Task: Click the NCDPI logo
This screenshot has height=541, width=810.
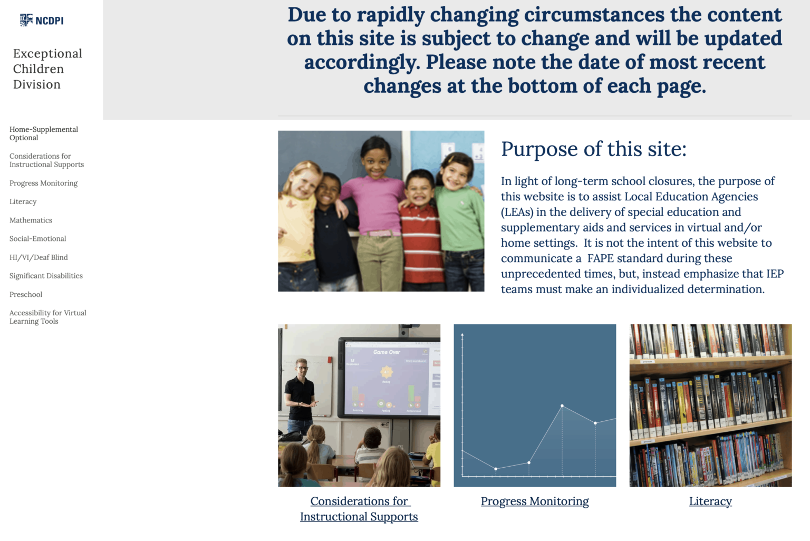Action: pos(42,21)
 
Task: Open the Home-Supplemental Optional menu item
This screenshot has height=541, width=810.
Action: pos(43,133)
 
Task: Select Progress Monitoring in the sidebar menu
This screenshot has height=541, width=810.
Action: pos(43,183)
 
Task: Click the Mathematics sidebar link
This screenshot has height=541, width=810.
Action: pos(31,220)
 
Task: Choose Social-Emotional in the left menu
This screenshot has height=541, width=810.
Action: pos(37,239)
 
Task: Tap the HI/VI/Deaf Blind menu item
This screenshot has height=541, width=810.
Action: pos(38,257)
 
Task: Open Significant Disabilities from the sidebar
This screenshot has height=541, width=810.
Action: pos(46,276)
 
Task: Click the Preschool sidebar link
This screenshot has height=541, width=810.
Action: pos(26,294)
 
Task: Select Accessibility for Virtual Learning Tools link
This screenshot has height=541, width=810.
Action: pos(47,317)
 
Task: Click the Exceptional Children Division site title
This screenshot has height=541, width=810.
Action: pos(47,69)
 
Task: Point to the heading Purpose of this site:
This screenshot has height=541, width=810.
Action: pos(593,149)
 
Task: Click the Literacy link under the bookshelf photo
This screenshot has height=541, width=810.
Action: pos(710,501)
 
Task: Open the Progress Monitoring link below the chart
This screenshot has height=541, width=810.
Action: pos(534,501)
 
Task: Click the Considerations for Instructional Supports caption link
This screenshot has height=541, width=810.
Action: pos(359,509)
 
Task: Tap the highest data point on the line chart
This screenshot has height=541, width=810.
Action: pos(562,405)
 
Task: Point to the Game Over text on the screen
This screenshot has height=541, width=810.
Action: pos(387,352)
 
